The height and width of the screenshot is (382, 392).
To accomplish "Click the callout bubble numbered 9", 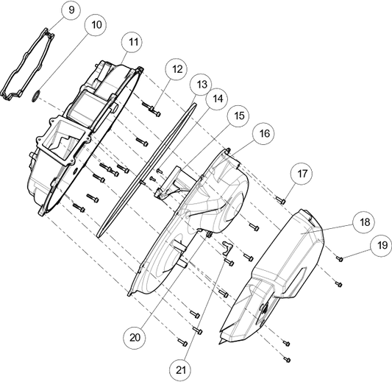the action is click(71, 10).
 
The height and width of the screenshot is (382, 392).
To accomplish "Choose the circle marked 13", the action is click(201, 85).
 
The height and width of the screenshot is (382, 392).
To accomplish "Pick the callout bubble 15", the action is click(238, 116).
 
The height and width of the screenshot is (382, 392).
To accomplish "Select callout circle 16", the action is click(263, 133).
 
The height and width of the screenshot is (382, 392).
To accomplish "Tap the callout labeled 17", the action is click(302, 174).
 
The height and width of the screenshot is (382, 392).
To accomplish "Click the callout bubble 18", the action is click(363, 222).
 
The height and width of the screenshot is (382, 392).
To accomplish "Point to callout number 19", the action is click(381, 245).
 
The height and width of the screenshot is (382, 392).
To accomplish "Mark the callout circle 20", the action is click(135, 338).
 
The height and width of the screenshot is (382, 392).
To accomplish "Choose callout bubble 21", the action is click(180, 370).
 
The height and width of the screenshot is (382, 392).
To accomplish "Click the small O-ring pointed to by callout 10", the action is click(36, 96).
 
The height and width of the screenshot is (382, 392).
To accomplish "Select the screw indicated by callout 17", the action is click(281, 200).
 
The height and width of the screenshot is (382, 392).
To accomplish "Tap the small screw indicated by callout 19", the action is click(339, 258).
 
